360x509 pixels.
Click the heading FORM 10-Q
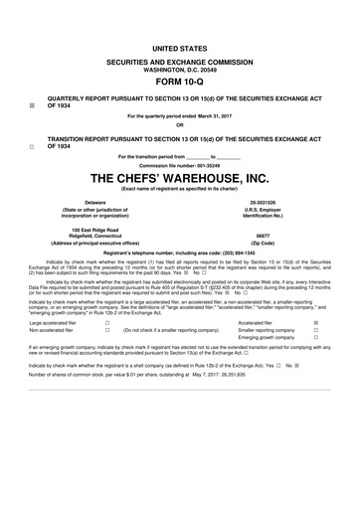180,83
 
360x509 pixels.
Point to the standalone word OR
180,125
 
